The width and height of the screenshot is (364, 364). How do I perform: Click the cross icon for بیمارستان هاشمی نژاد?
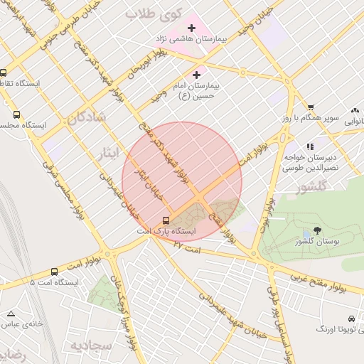(191, 27)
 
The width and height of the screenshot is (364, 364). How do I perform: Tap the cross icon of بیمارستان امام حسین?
(197, 74)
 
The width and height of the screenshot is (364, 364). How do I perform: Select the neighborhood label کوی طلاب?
(154, 14)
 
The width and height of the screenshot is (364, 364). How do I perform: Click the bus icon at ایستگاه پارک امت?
(166, 220)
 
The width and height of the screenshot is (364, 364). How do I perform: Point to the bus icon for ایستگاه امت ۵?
(55, 272)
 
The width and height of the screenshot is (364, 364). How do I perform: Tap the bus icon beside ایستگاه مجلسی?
(16, 114)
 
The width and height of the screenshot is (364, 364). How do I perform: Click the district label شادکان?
(88, 119)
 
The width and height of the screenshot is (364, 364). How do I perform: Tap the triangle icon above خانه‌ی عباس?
(11, 314)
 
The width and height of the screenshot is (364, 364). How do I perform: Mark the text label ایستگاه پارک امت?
(166, 232)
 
